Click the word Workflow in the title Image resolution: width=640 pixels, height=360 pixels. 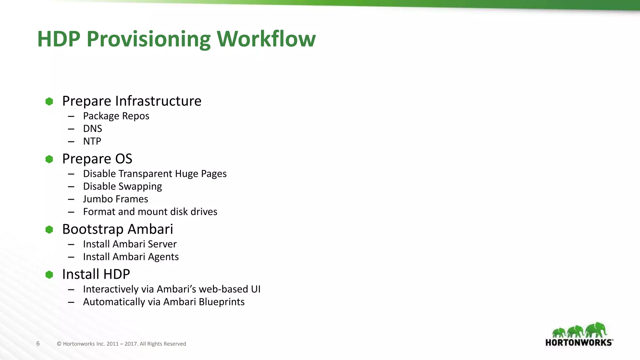pyautogui.click(x=266, y=39)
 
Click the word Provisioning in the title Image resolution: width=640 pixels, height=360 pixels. pyautogui.click(x=148, y=40)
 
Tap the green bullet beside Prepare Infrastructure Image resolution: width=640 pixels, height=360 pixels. pyautogui.click(x=49, y=101)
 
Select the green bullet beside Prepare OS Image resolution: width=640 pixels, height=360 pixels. pyautogui.click(x=49, y=159)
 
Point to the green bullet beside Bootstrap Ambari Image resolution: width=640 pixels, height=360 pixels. pyautogui.click(x=49, y=230)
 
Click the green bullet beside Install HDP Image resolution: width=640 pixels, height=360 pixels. pyautogui.click(x=49, y=275)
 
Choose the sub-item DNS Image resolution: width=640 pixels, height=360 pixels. pyautogui.click(x=92, y=128)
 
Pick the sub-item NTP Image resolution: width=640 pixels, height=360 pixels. pyautogui.click(x=92, y=141)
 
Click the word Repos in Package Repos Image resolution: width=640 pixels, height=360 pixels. pyautogui.click(x=136, y=116)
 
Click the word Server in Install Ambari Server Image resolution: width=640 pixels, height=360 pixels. pyautogui.click(x=162, y=244)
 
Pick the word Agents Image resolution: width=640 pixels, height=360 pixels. pyautogui.click(x=163, y=257)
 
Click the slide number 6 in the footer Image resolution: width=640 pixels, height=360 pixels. pyautogui.click(x=38, y=343)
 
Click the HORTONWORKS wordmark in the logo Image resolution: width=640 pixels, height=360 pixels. pyautogui.click(x=579, y=342)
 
